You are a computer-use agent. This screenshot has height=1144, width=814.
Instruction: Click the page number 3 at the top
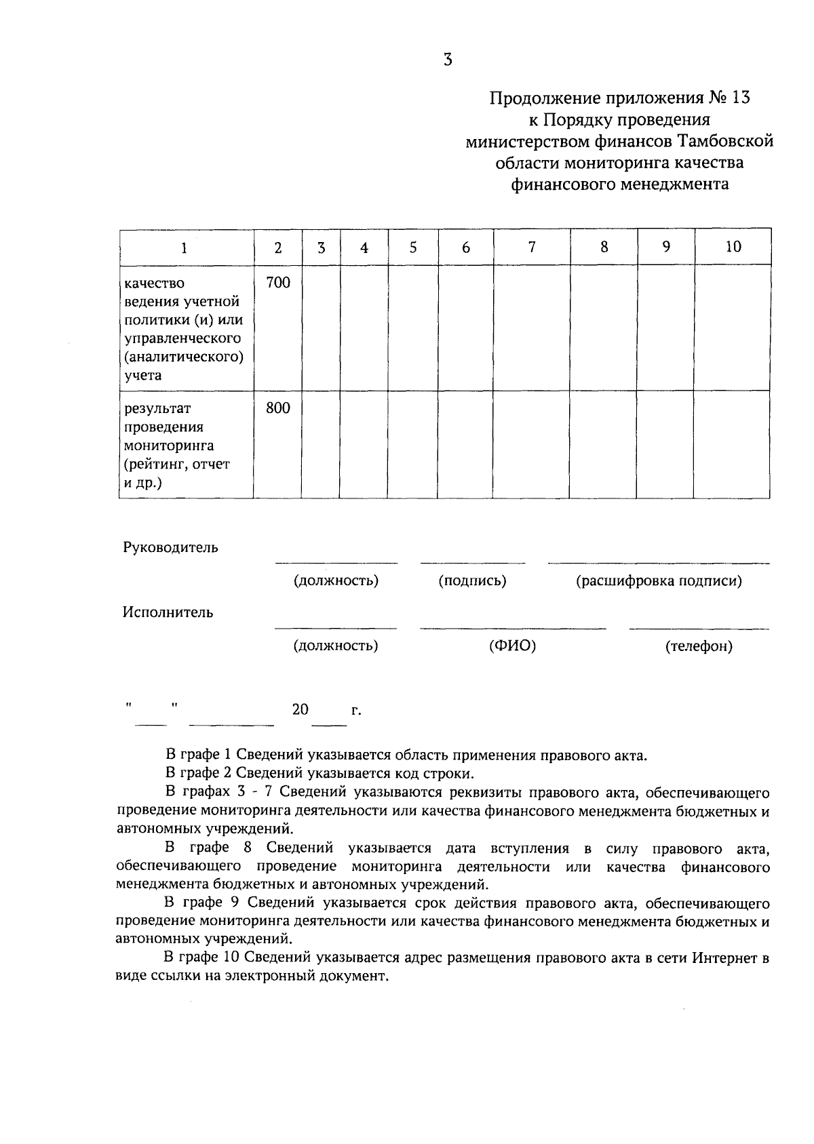pos(447,60)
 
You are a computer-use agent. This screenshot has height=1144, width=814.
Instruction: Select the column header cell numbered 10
pos(733,247)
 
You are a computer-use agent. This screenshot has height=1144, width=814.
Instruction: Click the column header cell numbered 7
pos(532,247)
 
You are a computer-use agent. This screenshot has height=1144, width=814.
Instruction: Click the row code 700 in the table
pos(277,283)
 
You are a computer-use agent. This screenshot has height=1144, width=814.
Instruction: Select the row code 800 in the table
pos(277,408)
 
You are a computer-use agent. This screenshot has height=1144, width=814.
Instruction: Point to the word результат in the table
pos(157,408)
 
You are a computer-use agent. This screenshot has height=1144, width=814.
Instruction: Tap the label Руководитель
pos(170,548)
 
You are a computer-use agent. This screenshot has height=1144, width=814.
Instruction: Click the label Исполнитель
pos(168,612)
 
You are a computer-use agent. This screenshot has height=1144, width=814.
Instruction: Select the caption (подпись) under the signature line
pos(472,581)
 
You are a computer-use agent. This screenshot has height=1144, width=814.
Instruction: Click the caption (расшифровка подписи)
pos(659,581)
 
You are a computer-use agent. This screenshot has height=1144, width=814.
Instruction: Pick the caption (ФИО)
pos(512,646)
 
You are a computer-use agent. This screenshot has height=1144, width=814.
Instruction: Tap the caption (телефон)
pos(699,646)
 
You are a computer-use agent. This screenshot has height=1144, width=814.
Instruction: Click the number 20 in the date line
pos(300,710)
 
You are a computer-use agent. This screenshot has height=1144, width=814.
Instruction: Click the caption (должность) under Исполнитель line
pos(336,646)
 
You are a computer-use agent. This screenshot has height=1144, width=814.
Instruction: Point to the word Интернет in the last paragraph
pos(725,959)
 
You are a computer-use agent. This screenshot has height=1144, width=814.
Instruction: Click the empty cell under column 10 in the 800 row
pos(732,444)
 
